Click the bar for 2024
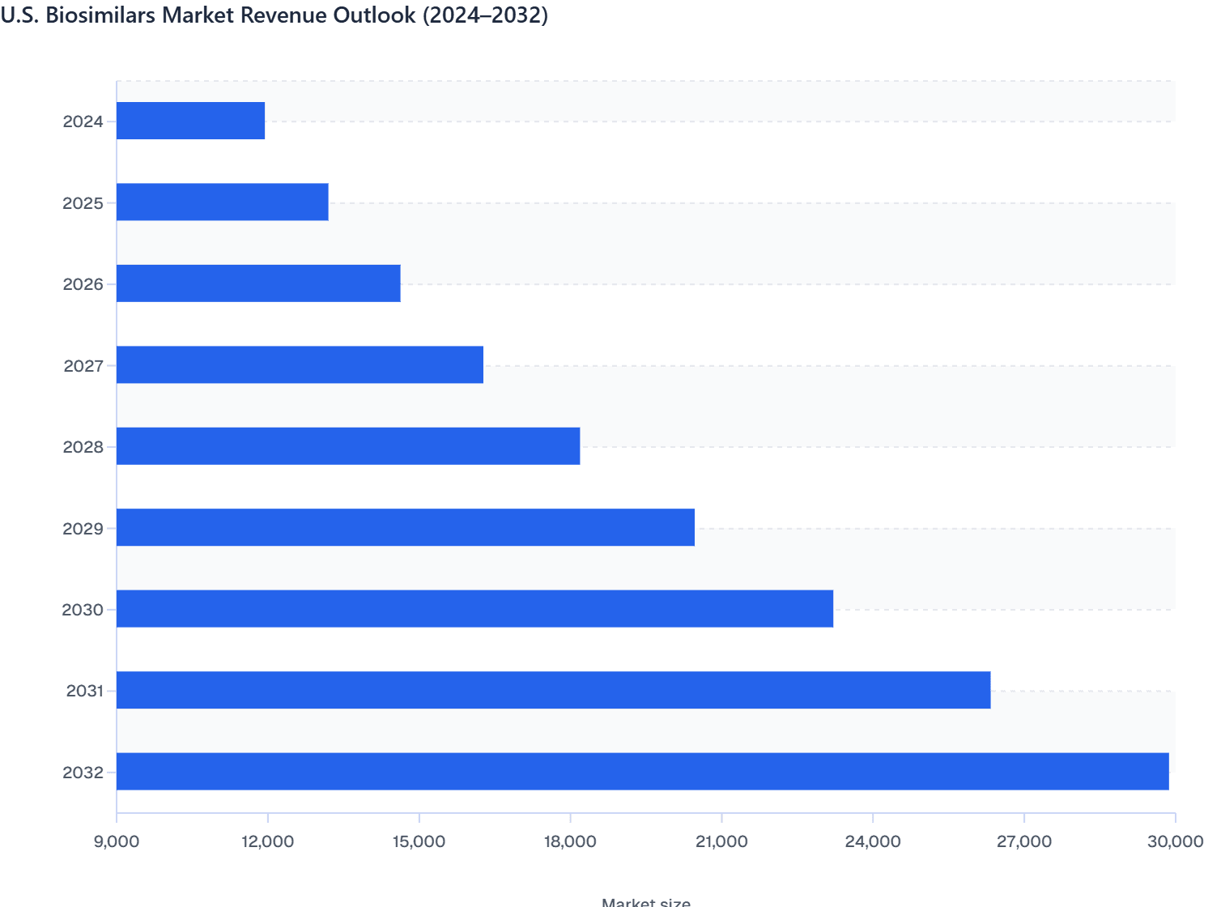pos(191,121)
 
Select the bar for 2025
pos(223,202)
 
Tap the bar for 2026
pos(258,283)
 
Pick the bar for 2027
pos(300,365)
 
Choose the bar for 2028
pos(348,446)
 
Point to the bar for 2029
pos(406,528)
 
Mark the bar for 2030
pos(474,609)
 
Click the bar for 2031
pos(553,690)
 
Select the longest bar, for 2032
pos(642,772)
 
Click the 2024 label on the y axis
pos(83,122)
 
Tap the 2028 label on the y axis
pos(83,447)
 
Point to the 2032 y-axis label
pos(83,773)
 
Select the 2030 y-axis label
pos(83,610)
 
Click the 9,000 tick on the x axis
pos(117,841)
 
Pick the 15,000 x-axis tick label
pos(419,841)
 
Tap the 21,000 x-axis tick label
pos(721,841)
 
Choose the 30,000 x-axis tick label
pos(1175,841)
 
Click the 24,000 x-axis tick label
pos(873,841)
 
